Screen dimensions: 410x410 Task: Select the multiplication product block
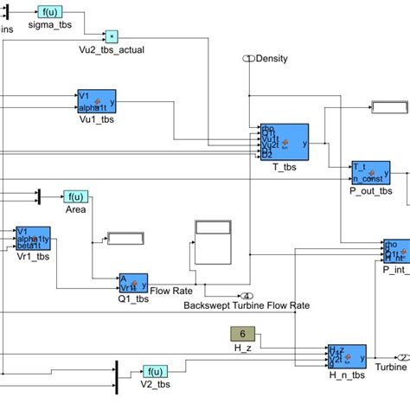(x=111, y=35)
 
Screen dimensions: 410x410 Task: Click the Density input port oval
(x=248, y=59)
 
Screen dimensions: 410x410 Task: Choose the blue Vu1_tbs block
(x=102, y=101)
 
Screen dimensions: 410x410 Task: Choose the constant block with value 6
(x=242, y=334)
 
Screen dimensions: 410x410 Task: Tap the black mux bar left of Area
(x=38, y=197)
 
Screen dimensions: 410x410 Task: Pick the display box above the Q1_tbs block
(x=128, y=239)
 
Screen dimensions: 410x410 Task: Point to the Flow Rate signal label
(x=170, y=290)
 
